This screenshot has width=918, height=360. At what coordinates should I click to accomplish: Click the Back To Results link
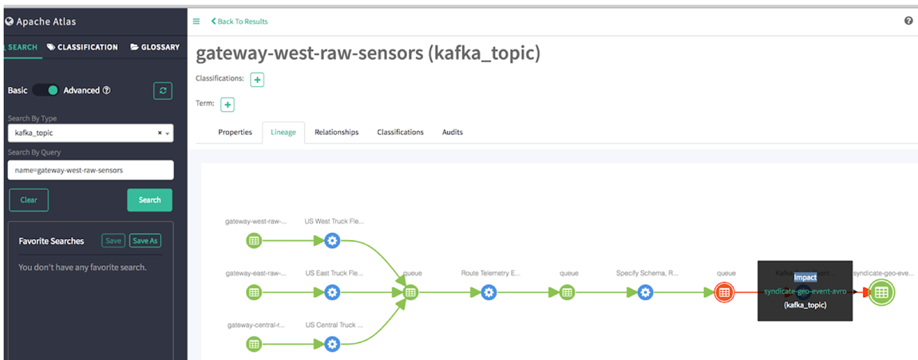click(239, 22)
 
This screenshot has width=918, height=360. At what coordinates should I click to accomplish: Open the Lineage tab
click(283, 132)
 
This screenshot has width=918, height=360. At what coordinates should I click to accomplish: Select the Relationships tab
click(336, 132)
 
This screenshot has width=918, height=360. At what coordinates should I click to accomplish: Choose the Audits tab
click(453, 132)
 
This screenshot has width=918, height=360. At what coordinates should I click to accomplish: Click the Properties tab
click(235, 132)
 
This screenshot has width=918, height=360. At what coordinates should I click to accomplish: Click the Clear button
click(29, 200)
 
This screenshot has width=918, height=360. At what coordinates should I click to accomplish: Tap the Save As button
click(145, 240)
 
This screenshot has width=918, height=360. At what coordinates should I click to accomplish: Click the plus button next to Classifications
click(257, 79)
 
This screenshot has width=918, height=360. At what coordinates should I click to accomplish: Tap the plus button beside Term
click(227, 105)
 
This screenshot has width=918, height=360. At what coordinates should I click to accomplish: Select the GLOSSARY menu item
click(155, 47)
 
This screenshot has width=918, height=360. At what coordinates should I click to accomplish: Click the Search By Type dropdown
click(90, 133)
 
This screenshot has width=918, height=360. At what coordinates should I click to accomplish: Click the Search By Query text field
click(90, 170)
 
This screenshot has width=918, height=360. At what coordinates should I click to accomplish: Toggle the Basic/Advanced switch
click(46, 90)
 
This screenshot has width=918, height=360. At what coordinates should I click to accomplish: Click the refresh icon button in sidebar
click(163, 91)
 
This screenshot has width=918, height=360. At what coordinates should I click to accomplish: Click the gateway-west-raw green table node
click(254, 240)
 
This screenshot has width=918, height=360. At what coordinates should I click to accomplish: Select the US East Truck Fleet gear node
click(332, 292)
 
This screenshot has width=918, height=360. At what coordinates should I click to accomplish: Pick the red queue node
click(724, 292)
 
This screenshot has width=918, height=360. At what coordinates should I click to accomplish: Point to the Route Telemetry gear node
click(489, 292)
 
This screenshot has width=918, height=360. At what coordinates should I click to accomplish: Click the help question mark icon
click(908, 22)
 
